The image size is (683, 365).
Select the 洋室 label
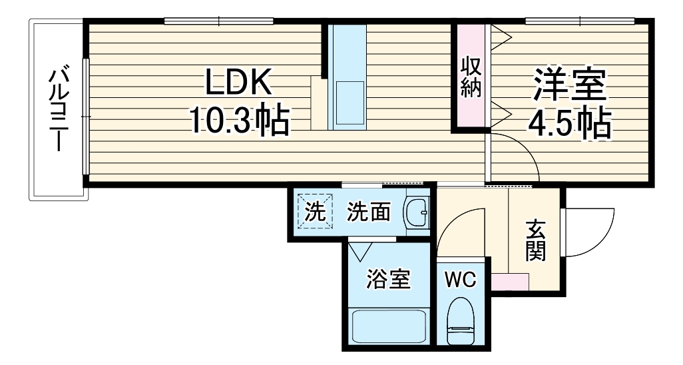tap(569, 85)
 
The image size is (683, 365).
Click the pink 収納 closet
tap(471, 77)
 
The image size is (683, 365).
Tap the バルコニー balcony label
tap(58, 109)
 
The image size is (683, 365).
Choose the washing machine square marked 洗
tap(314, 212)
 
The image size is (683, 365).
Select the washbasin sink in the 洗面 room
tap(417, 212)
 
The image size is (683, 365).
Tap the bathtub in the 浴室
tap(388, 326)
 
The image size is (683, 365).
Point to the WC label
tap(461, 280)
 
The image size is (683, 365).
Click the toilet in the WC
tap(461, 321)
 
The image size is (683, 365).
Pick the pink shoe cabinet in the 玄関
tap(510, 280)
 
